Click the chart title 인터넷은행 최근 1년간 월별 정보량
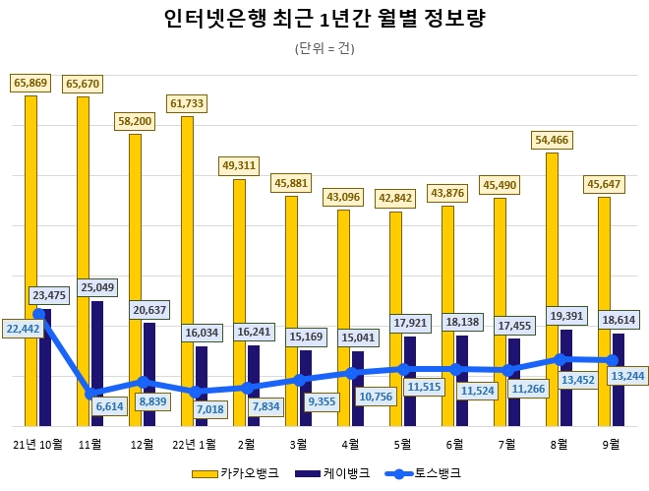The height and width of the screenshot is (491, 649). (324, 19)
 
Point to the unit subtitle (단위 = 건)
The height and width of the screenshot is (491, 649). (324, 48)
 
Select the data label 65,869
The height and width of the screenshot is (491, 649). (30, 83)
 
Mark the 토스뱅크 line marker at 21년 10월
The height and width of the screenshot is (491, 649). (38, 314)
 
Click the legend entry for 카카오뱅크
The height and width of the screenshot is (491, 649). (249, 473)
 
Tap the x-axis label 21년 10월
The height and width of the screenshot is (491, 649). (38, 444)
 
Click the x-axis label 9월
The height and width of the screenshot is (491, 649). (611, 444)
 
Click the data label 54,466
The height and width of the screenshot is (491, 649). (551, 140)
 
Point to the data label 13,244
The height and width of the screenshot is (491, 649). (626, 375)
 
